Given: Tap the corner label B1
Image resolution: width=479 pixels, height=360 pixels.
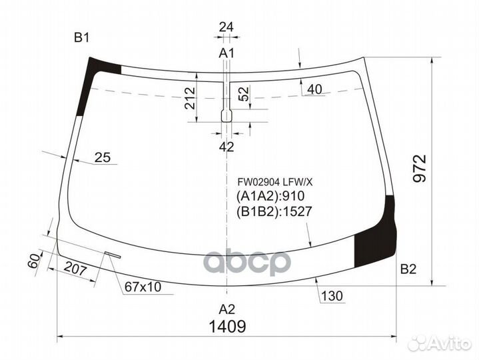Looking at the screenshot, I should click(x=81, y=38).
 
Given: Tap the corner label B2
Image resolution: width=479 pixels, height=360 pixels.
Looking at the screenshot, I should click(x=408, y=269).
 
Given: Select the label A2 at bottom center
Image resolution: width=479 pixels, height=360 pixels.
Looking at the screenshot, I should click(x=227, y=309).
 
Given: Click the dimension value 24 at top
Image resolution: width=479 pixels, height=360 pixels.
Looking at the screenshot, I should click(x=227, y=27).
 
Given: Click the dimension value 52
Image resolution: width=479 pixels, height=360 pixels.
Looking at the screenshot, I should click(x=243, y=94).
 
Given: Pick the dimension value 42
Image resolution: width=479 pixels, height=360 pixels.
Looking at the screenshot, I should click(x=227, y=147).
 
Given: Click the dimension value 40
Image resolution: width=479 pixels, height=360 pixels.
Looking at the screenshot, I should click(x=315, y=89).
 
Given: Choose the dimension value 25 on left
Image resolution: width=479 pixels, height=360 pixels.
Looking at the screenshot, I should click(x=102, y=157).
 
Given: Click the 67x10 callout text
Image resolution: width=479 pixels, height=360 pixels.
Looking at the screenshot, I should click(x=143, y=287).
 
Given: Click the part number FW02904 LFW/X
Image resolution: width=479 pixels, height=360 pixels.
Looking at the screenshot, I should click(x=269, y=181).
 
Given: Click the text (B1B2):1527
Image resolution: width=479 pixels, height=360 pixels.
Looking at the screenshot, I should click(x=274, y=213).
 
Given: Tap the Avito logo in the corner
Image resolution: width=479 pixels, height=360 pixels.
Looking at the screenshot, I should click(x=439, y=342).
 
